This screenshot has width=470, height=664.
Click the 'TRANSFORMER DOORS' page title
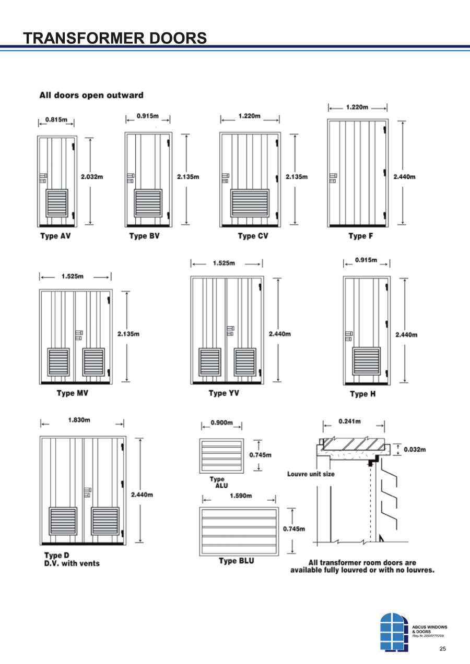pyautogui.click(x=115, y=38)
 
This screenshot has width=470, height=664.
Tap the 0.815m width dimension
pyautogui.click(x=56, y=119)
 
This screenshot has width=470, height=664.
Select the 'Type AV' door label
pyautogui.click(x=55, y=236)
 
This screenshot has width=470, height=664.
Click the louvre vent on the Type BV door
pyautogui.click(x=148, y=203)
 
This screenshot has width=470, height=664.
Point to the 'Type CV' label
pyautogui.click(x=253, y=236)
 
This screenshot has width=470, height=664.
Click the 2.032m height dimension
pyautogui.click(x=92, y=177)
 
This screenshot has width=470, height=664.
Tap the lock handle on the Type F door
pyautogui.click(x=333, y=178)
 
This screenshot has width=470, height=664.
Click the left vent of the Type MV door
pyautogui.click(x=58, y=362)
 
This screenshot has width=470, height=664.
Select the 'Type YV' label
pyautogui.click(x=224, y=393)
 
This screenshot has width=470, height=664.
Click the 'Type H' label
pyautogui.click(x=362, y=394)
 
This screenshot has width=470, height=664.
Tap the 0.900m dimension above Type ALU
pyautogui.click(x=221, y=422)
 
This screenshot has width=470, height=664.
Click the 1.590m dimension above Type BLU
pyautogui.click(x=241, y=496)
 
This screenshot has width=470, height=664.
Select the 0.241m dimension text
pyautogui.click(x=349, y=421)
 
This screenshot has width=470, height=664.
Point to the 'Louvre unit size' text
pyautogui.click(x=311, y=474)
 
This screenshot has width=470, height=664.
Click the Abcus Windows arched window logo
pyautogui.click(x=394, y=632)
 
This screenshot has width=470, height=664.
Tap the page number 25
pyautogui.click(x=443, y=649)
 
